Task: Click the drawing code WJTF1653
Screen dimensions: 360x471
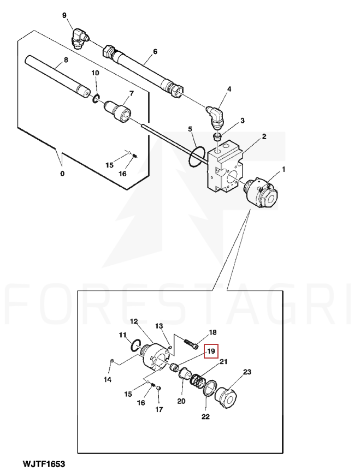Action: point(44,464)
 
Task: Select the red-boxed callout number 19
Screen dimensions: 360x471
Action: point(211,351)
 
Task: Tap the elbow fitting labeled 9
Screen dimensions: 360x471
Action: point(79,38)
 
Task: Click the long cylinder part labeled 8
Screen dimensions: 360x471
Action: point(58,76)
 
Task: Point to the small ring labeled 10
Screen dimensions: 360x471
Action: point(96,99)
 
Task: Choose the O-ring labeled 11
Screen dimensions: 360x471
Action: point(136,345)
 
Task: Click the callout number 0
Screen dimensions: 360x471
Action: point(62,174)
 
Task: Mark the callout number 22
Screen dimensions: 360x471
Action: point(205,416)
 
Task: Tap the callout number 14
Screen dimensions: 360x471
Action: point(108,380)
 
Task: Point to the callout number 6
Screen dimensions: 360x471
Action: point(155,52)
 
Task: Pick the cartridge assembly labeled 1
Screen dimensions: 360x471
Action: point(261,194)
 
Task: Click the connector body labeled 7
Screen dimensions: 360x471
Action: point(118,111)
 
